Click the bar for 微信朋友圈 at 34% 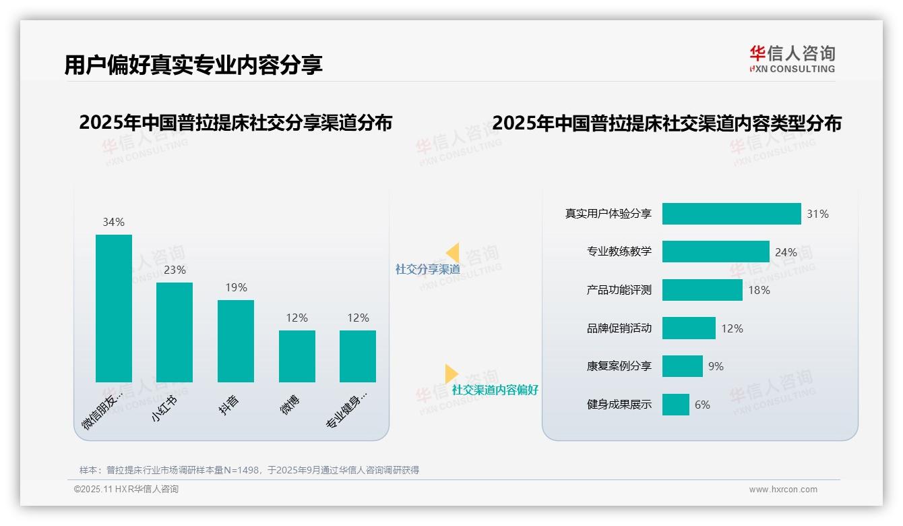[114, 308]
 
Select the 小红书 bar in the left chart [175, 332]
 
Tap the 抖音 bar [236, 341]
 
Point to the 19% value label [236, 287]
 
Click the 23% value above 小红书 [175, 270]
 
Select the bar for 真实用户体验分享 [731, 214]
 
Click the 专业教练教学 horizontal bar [716, 252]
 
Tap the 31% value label [817, 214]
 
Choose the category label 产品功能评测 [619, 290]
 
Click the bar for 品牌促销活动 [689, 328]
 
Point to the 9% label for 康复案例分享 [716, 366]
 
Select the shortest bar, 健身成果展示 [676, 405]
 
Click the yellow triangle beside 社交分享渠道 [453, 253]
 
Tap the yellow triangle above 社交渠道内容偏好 [451, 374]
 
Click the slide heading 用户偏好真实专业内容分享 [193, 64]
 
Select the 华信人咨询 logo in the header [792, 59]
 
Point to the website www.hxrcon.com [783, 490]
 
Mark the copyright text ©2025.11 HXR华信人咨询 [126, 490]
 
